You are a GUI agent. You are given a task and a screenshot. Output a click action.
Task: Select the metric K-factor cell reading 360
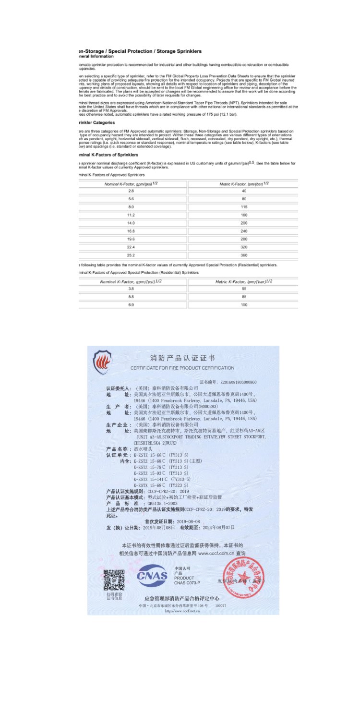(x=244, y=255)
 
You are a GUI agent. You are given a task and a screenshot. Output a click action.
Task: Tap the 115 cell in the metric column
(x=244, y=206)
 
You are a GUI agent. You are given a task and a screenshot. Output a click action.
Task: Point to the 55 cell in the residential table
(x=244, y=289)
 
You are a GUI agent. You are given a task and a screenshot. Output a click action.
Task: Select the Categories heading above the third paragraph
(x=96, y=122)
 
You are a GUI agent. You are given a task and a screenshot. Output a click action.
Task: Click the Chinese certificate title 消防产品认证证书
(x=182, y=358)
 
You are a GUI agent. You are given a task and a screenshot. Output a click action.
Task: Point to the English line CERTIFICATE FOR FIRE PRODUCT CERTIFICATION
(x=182, y=368)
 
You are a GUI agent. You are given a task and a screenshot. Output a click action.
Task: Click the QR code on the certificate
(x=114, y=579)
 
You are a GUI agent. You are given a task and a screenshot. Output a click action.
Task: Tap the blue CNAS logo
(x=152, y=576)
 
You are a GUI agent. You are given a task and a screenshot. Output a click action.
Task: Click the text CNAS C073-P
(x=187, y=582)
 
